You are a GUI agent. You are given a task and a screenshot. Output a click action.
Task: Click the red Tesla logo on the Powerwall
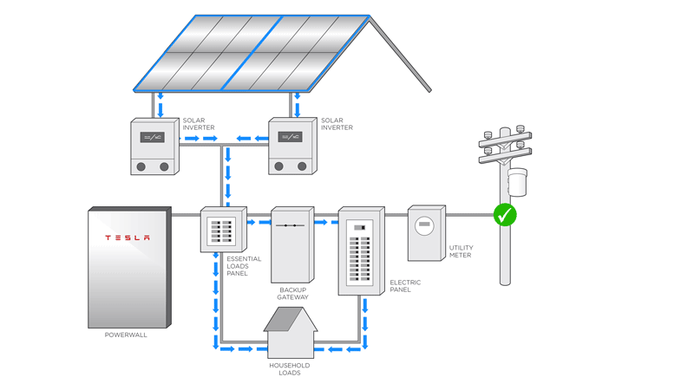coord(128,237)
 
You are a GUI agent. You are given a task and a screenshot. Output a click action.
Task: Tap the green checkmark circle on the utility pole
coord(504,214)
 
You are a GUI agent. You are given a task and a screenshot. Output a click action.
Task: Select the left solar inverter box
coord(154,146)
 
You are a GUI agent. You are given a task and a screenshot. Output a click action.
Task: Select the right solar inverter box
coord(291,146)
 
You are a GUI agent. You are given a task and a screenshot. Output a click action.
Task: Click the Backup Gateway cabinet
coord(291,245)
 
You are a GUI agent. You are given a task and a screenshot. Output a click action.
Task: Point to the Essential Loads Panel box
coord(223,230)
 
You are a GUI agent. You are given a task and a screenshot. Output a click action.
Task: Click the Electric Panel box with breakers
coord(360,251)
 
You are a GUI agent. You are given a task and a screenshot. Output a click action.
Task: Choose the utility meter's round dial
coord(423,227)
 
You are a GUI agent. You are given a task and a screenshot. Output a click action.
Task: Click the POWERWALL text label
coord(126,335)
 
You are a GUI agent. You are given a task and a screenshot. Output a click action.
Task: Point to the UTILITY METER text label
coord(461,251)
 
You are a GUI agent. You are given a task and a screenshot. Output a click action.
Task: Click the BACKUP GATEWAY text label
coord(292,294)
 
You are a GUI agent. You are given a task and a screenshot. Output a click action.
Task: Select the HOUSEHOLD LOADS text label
coord(289,369)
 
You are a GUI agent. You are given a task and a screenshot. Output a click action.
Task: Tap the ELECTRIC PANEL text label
coord(405,285)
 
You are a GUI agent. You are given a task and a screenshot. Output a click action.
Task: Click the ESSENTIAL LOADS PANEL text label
coord(243,266)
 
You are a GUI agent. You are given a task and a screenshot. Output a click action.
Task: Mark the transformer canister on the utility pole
coord(517,181)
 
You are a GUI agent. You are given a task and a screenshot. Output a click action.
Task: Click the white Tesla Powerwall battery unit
coord(128,269)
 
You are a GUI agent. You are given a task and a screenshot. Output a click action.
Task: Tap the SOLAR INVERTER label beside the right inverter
coord(337,124)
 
